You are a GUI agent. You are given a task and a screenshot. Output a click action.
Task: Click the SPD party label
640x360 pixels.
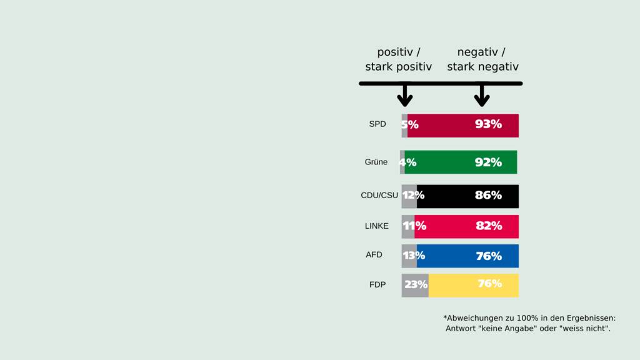tap(377, 124)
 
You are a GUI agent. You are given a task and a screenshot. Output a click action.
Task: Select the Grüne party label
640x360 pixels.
tap(376, 162)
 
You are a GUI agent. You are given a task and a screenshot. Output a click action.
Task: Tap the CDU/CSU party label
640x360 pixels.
tap(379, 196)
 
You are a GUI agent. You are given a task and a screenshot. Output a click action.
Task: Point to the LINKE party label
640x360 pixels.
tap(377, 226)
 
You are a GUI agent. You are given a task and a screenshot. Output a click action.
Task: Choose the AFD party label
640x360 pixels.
tap(374, 255)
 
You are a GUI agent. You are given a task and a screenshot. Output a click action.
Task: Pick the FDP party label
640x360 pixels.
tap(377, 285)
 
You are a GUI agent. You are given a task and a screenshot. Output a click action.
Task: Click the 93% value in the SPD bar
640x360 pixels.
tap(488, 124)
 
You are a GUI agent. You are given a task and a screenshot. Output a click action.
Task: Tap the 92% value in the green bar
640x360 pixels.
tap(488, 162)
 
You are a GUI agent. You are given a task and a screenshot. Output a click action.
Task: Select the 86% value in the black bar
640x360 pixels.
tap(488, 196)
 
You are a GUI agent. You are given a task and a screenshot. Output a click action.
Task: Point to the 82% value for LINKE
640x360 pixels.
tap(489, 226)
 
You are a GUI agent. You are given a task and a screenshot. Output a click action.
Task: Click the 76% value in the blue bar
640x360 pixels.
tap(489, 256)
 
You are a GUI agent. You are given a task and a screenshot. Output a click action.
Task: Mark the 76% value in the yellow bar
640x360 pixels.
tap(490, 284)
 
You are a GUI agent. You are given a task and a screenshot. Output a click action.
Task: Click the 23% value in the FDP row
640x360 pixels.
tap(416, 285)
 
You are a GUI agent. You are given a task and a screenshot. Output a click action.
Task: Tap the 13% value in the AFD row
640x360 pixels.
tap(414, 256)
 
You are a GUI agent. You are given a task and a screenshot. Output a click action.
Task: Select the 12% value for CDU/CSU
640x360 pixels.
tap(413, 196)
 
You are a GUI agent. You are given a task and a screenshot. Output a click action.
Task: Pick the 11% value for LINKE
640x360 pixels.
tap(414, 226)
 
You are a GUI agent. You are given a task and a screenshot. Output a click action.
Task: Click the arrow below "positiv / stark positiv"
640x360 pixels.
tap(405, 96)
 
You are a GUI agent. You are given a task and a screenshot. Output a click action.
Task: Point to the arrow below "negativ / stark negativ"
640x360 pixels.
tap(482, 96)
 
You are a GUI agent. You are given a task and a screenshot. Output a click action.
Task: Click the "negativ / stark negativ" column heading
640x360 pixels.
tap(482, 59)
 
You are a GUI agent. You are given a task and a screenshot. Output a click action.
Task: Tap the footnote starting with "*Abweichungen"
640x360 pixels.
tap(529, 323)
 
